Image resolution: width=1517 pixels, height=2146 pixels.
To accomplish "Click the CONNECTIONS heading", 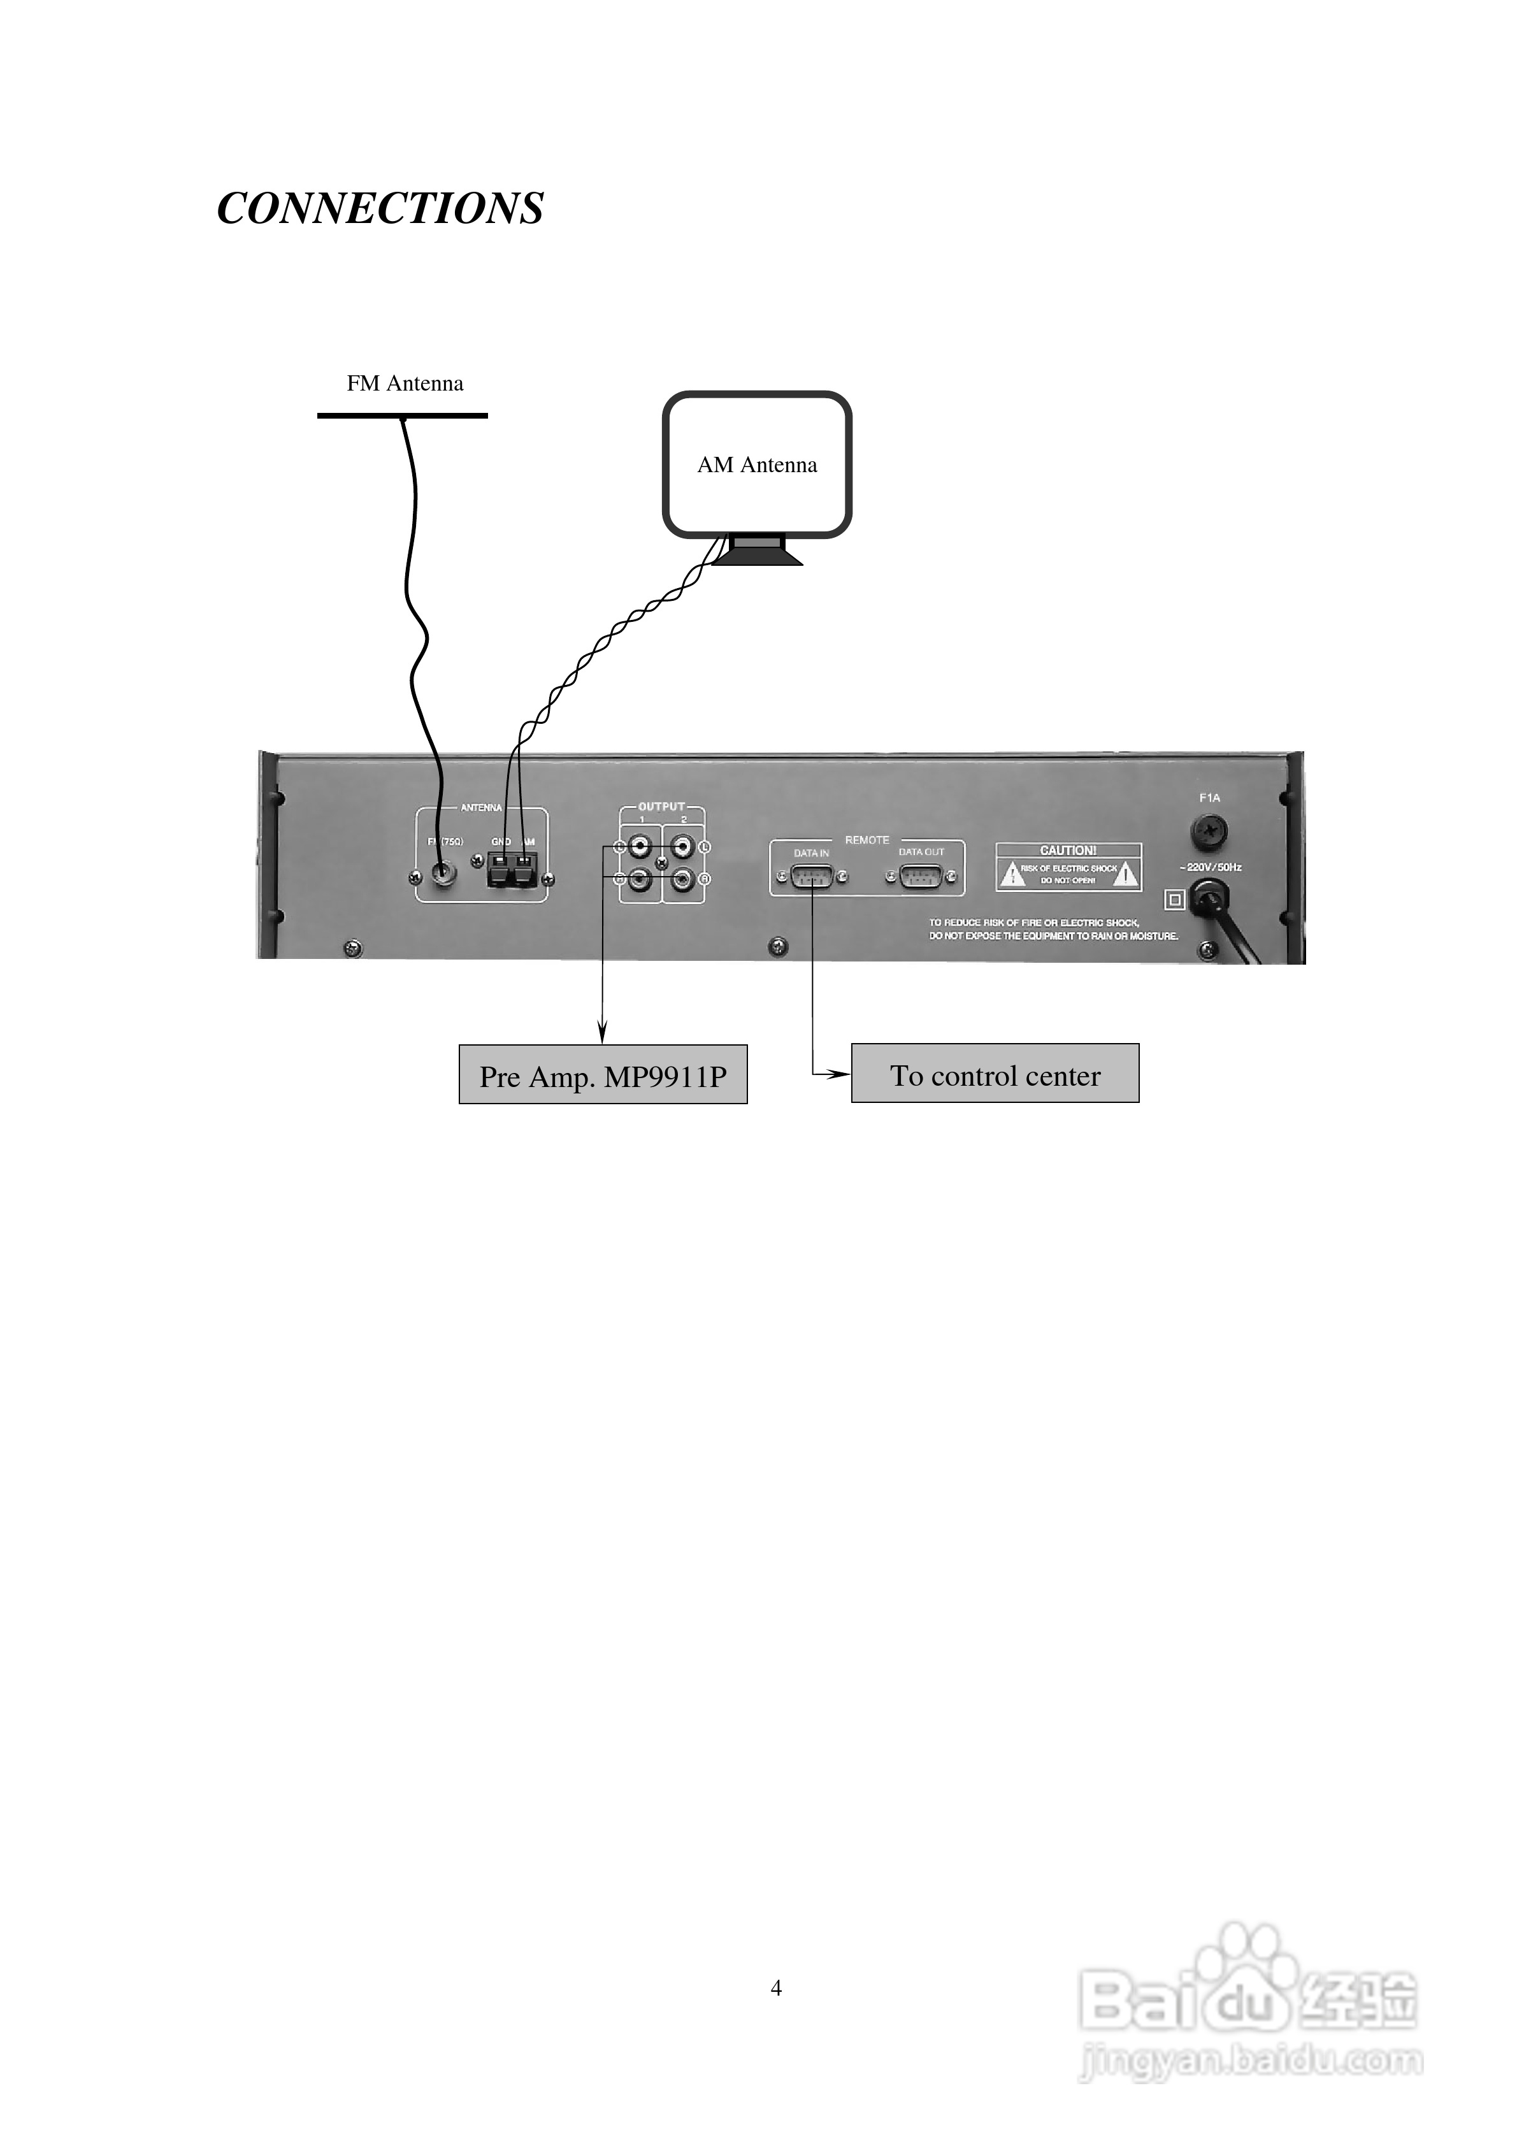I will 380,208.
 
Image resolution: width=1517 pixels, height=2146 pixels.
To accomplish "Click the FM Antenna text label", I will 405,383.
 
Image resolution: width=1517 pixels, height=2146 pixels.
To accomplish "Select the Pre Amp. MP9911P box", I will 603,1075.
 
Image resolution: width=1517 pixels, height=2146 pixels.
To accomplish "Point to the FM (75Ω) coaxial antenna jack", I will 440,875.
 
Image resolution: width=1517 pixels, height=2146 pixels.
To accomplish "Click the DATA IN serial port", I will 811,877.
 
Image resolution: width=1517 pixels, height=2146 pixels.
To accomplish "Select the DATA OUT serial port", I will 921,877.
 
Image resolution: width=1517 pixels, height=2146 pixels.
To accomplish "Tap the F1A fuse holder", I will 1209,830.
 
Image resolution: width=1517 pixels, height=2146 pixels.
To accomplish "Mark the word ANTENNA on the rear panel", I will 482,807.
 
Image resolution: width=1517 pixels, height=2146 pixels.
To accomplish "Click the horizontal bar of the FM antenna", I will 402,415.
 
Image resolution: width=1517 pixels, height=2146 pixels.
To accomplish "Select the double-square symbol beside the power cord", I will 1175,900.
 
